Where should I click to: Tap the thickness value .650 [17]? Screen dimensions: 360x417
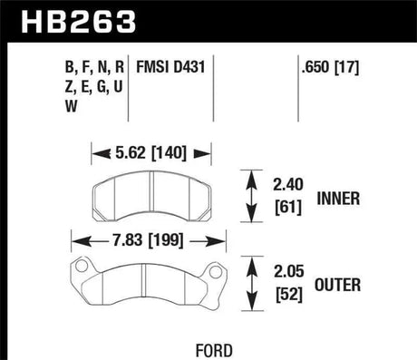(330, 67)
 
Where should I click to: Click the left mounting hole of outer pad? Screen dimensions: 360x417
(81, 267)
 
